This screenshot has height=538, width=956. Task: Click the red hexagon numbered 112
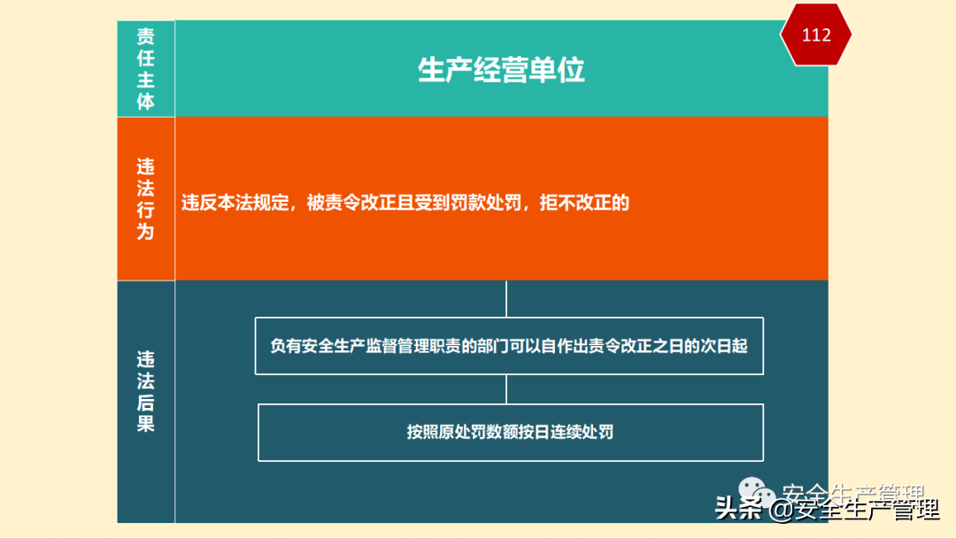coord(815,35)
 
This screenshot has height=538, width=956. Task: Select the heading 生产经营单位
coord(501,70)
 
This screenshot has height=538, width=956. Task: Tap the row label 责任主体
coord(145,69)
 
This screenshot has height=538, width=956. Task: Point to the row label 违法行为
coord(145,199)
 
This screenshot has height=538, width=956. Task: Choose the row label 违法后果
coord(145,392)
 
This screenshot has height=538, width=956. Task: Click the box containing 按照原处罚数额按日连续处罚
coord(510,433)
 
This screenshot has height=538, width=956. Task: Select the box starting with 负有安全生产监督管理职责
coord(509,345)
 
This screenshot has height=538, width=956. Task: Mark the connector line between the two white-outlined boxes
coord(506,389)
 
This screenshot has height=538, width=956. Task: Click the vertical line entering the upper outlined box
coord(506,299)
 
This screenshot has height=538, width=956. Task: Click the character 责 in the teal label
coord(145,36)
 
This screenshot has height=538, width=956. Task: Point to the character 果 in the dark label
coord(145,424)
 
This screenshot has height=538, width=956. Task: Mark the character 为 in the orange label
coord(145,232)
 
